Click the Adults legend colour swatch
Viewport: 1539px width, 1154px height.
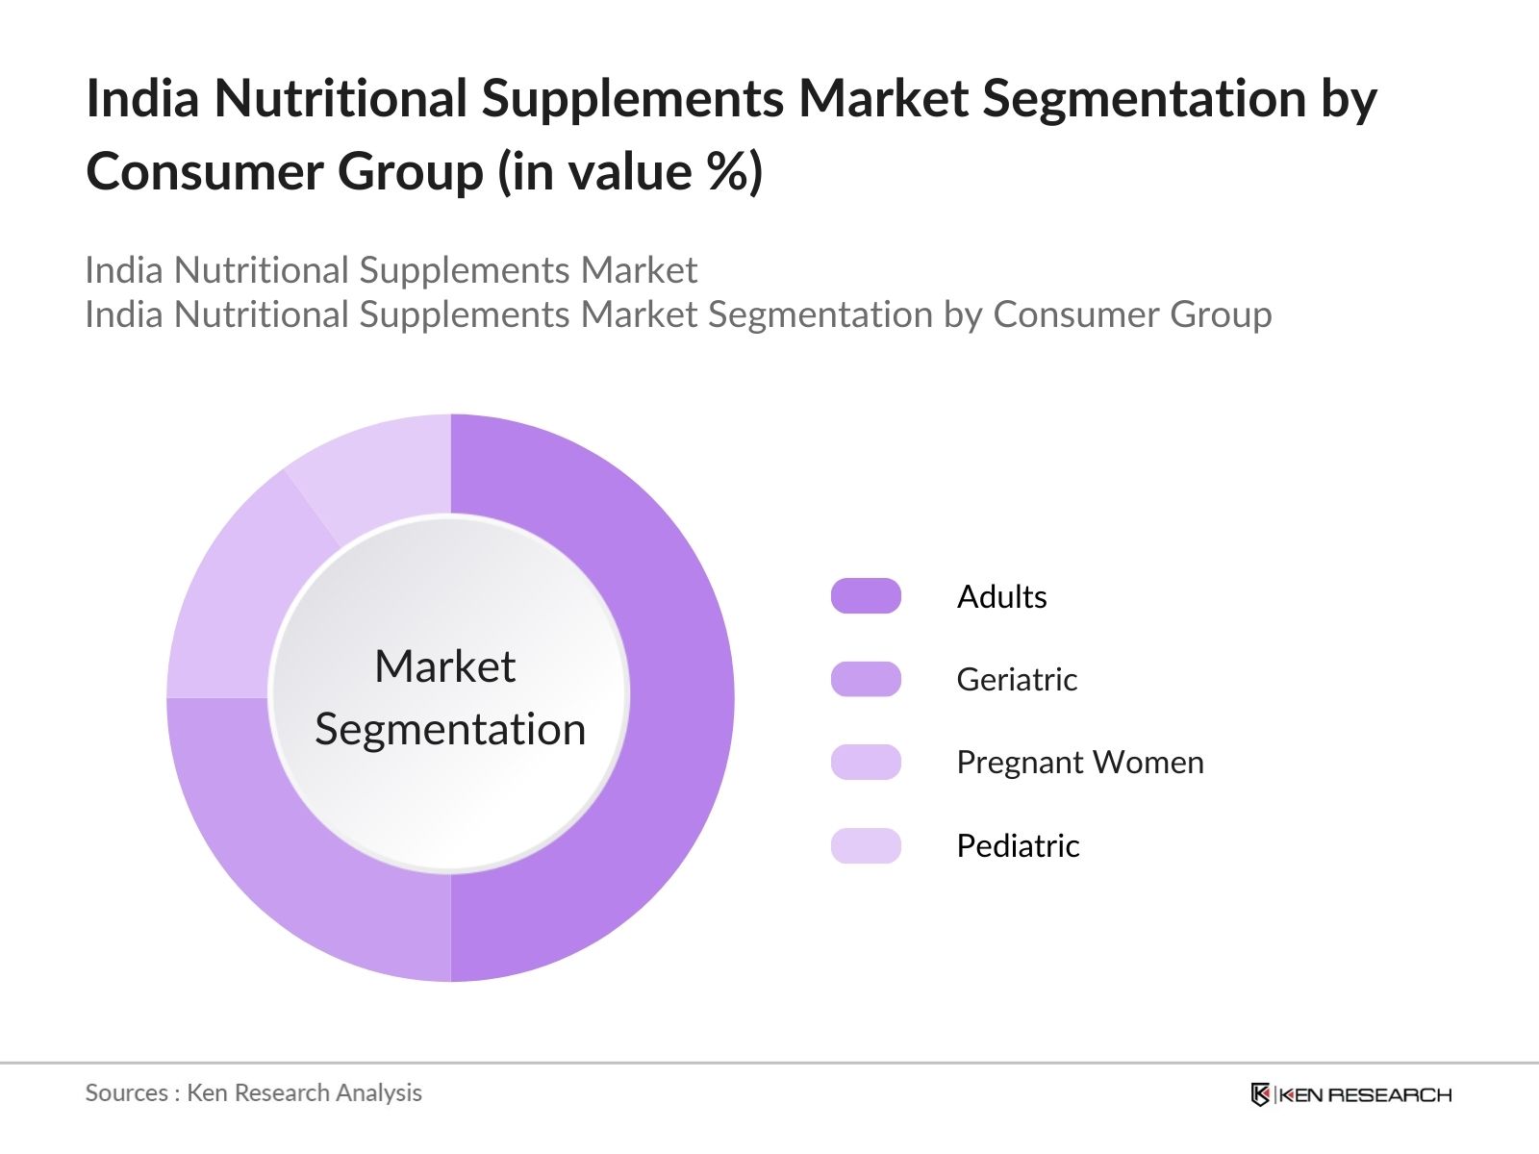click(866, 595)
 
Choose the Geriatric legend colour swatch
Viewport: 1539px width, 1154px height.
click(866, 679)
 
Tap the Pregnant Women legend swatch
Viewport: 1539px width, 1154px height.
click(866, 762)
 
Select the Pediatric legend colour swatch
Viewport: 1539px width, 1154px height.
click(866, 845)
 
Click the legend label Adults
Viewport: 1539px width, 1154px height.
click(1002, 597)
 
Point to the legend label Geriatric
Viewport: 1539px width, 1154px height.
click(1017, 680)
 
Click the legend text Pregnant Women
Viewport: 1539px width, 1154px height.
click(1080, 763)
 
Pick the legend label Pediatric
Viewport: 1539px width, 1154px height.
click(1018, 845)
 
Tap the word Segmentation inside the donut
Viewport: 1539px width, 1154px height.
click(450, 730)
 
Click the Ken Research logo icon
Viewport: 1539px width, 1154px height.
click(1260, 1094)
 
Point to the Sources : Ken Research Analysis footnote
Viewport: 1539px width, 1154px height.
click(253, 1093)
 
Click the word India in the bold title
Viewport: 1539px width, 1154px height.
click(142, 98)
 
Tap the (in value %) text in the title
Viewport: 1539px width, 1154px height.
click(630, 172)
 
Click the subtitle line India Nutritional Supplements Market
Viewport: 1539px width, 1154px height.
click(391, 270)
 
